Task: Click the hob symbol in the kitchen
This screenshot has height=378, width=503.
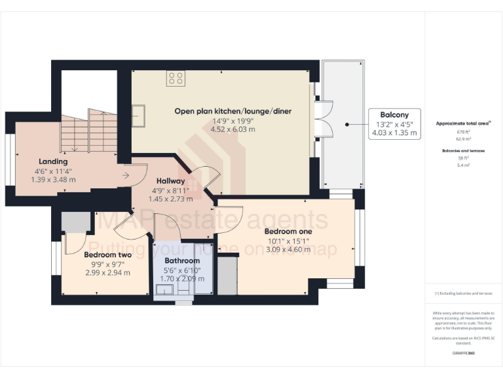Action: tap(175, 79)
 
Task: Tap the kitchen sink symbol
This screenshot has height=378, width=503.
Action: tap(142, 115)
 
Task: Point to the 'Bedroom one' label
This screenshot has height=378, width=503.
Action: tap(288, 232)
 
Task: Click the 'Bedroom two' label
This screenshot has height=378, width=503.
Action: tap(108, 255)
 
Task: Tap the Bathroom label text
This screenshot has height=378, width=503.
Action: tap(182, 261)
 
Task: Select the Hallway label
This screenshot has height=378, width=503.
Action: tap(170, 180)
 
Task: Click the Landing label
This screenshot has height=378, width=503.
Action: tap(53, 161)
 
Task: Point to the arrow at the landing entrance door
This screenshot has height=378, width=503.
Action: tap(124, 175)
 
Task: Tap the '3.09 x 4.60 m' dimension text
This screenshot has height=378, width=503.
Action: tap(288, 249)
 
